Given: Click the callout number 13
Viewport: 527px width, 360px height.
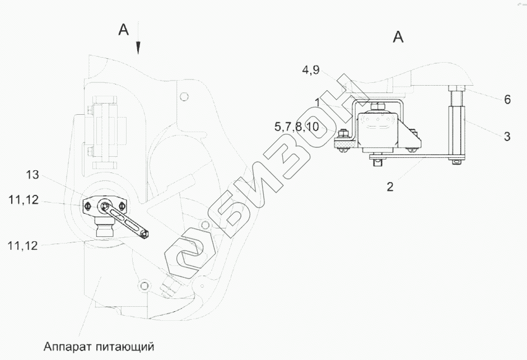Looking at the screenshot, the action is click(x=32, y=175).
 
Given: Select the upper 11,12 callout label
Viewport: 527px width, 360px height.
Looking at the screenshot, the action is click(x=24, y=200).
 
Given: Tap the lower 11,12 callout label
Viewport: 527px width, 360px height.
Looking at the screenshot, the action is click(x=23, y=246).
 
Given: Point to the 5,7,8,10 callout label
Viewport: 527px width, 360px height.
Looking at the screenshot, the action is click(x=296, y=127).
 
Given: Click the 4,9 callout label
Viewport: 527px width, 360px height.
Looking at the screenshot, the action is click(x=311, y=70).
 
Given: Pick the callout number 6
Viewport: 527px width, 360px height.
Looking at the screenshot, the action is click(x=507, y=100).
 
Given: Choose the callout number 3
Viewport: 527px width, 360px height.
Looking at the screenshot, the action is click(x=507, y=137).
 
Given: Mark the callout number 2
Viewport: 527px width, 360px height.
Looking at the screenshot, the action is click(x=390, y=186).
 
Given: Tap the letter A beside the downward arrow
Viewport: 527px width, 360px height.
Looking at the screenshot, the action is click(x=123, y=30).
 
